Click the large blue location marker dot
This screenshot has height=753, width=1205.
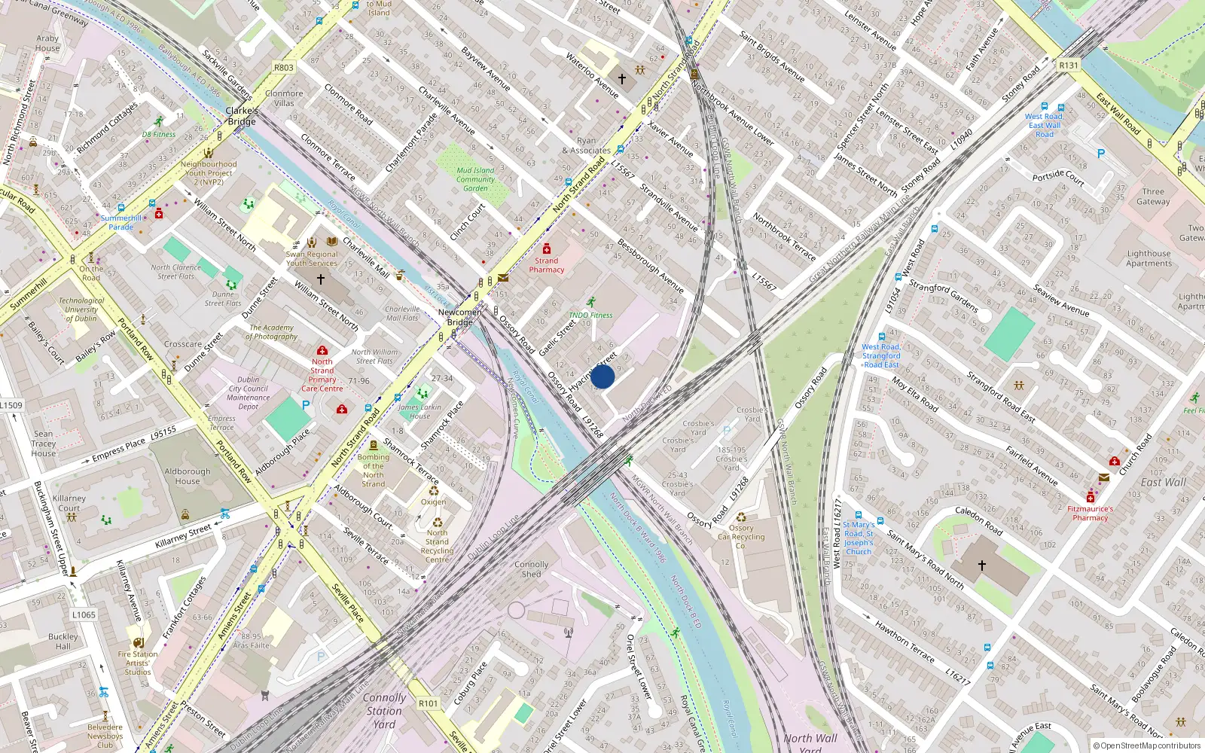tap(602, 376)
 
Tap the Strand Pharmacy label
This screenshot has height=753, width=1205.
tap(547, 265)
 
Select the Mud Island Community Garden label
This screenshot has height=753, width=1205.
tap(475, 179)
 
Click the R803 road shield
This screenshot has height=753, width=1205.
tap(284, 68)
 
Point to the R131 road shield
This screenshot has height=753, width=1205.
tap(1068, 66)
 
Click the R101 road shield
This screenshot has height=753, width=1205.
tap(428, 703)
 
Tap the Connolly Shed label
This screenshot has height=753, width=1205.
tap(532, 569)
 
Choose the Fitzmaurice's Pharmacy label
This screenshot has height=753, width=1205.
tap(1090, 514)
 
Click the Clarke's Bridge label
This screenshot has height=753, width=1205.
tap(242, 116)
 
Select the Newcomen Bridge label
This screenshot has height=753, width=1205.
tap(459, 317)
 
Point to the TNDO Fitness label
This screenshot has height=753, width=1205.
tap(590, 316)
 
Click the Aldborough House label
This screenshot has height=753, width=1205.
tap(188, 477)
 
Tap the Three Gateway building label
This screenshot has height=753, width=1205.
tap(1153, 197)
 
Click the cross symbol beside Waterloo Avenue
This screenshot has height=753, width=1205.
tap(622, 78)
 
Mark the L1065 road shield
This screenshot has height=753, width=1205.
tap(84, 614)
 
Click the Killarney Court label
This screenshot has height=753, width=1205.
tap(69, 503)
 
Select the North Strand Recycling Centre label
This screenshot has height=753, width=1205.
tap(437, 546)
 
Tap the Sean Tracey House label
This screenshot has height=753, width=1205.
tap(44, 444)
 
